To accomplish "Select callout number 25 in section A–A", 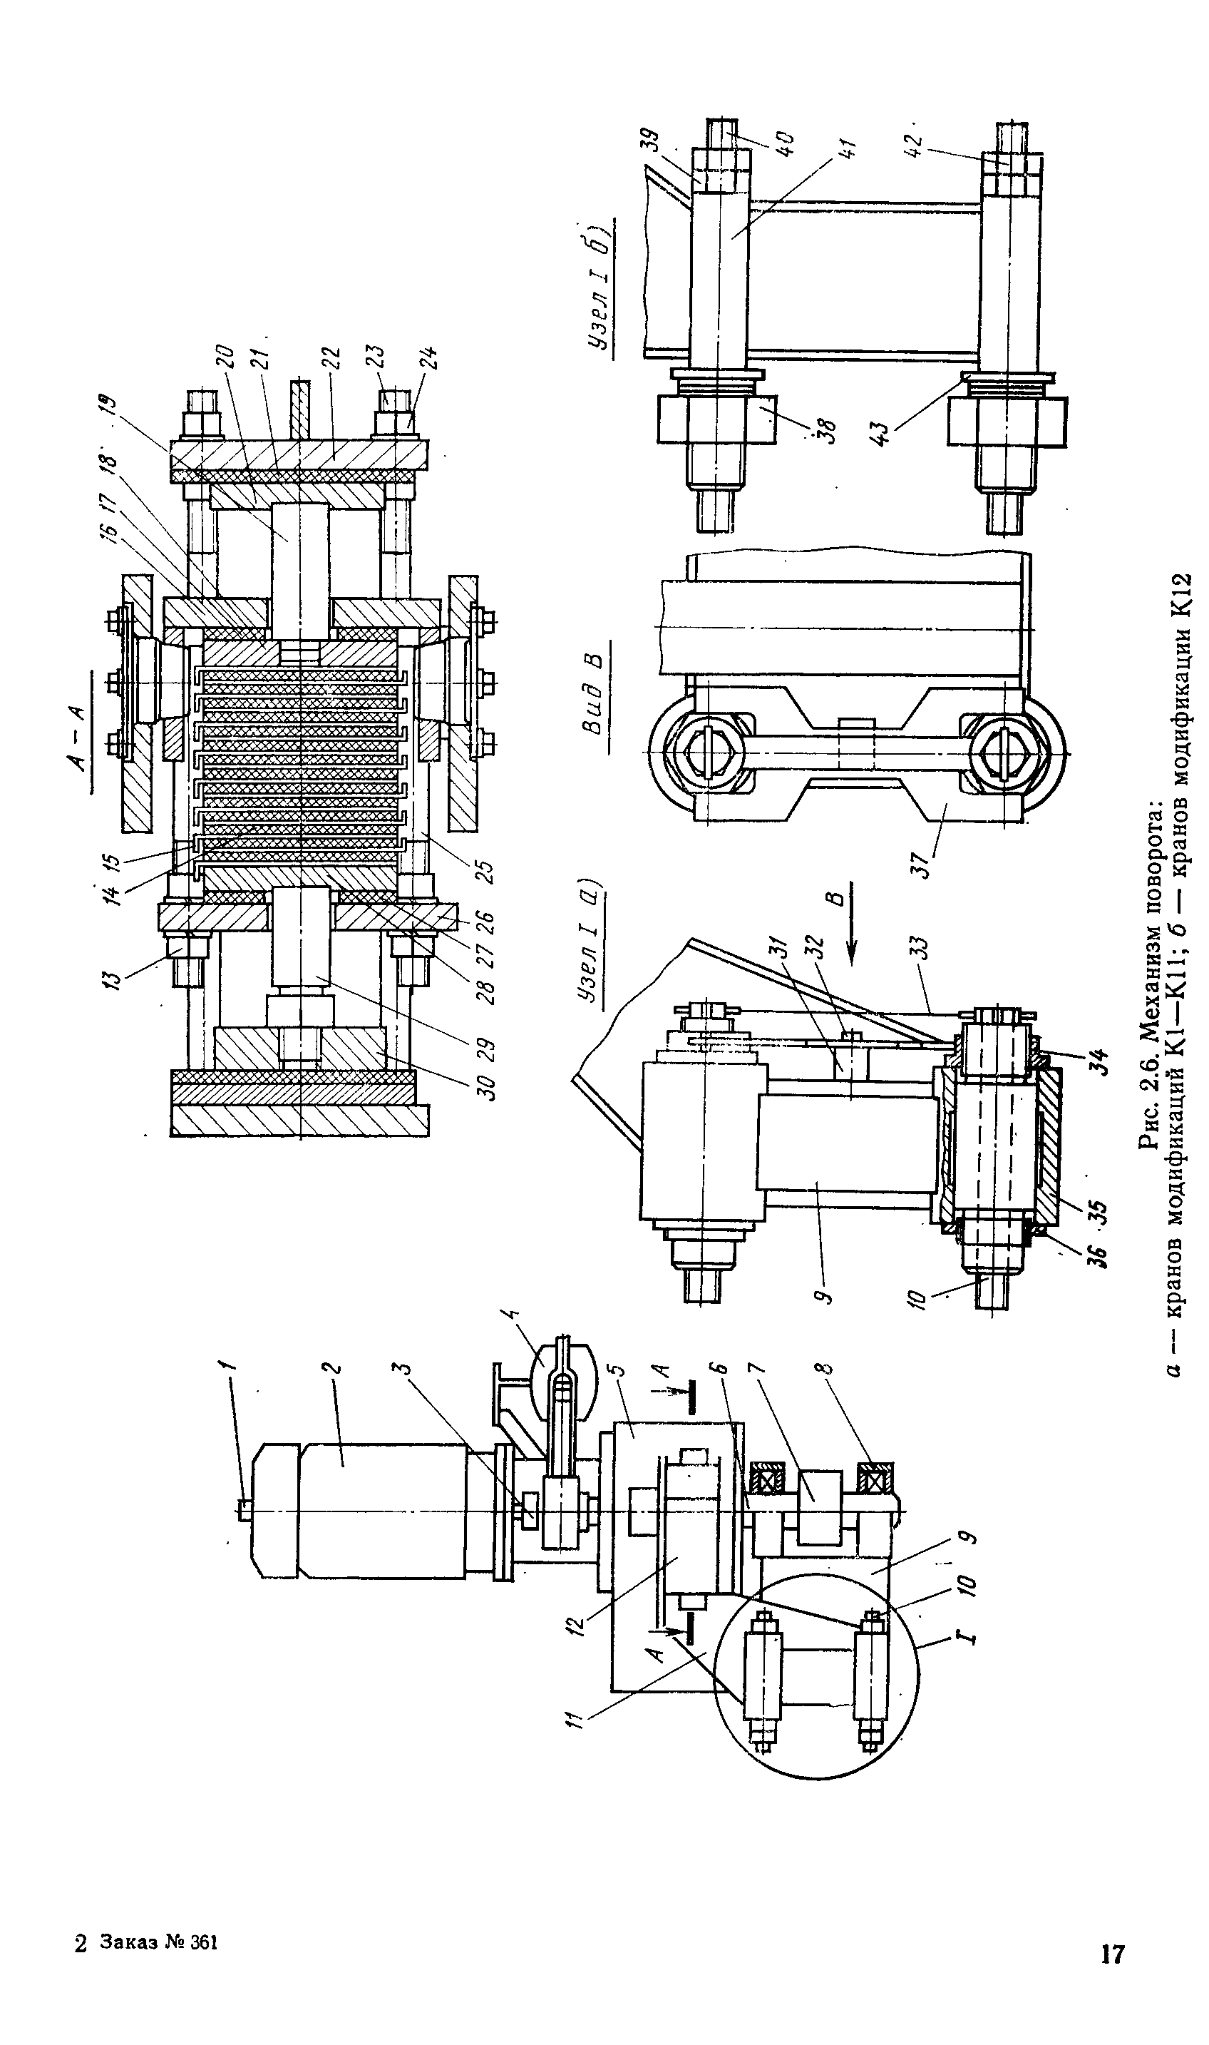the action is click(486, 868).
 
